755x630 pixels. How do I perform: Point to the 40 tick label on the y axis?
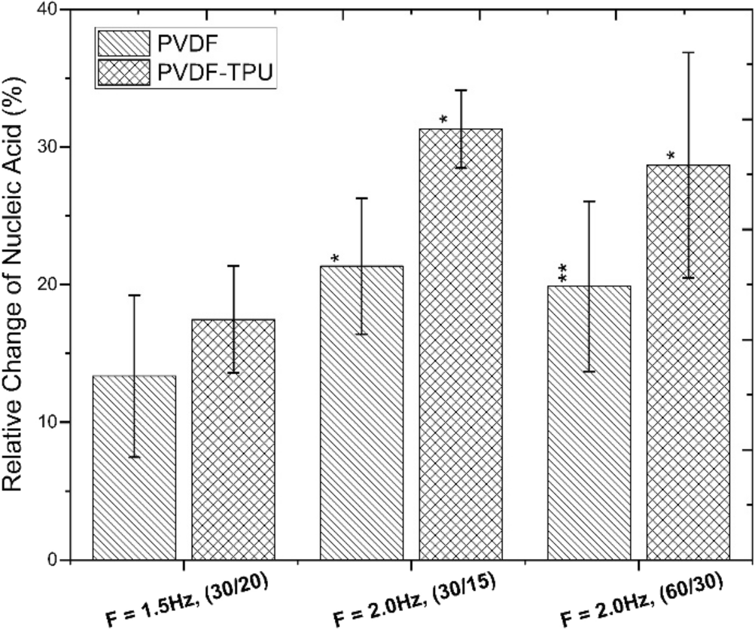48,10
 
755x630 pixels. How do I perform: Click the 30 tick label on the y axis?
48,147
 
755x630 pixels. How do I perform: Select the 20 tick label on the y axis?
48,285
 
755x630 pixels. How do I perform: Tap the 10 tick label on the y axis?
48,422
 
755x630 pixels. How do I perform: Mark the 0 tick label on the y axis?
54,560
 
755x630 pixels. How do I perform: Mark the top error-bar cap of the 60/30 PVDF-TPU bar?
688,52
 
